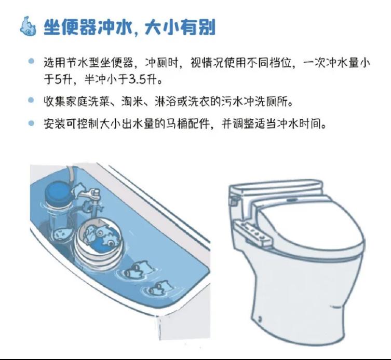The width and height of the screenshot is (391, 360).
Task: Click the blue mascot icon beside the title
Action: [x=28, y=26]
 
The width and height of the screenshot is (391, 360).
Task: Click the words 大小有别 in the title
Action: [x=180, y=27]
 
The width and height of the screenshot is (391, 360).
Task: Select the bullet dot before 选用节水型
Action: [x=31, y=61]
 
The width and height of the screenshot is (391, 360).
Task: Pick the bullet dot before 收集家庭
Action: [x=31, y=100]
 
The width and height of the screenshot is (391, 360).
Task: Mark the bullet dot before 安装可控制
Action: [x=31, y=123]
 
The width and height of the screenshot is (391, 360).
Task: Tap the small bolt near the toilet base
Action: [x=260, y=318]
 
